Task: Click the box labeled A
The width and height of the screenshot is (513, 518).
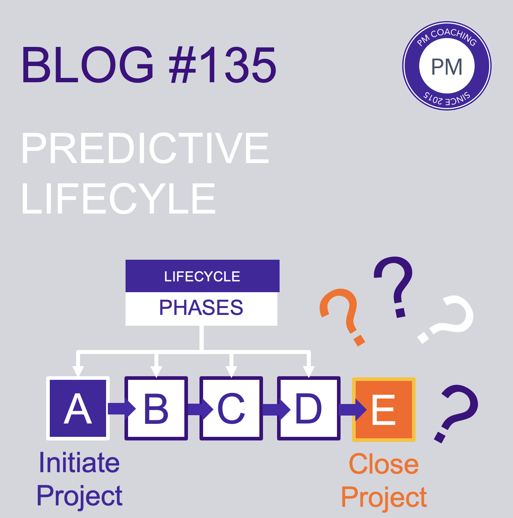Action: tap(78, 408)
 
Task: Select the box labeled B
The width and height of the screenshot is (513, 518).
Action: tap(156, 408)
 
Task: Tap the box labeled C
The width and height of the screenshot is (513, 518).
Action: tap(231, 408)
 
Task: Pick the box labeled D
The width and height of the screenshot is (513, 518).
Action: tap(309, 408)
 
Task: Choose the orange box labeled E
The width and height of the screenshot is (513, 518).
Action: tap(384, 409)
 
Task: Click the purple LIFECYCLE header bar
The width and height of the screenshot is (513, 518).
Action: tap(202, 276)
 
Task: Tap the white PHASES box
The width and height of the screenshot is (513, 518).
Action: tap(201, 308)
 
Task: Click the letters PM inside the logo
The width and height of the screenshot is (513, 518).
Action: tap(447, 67)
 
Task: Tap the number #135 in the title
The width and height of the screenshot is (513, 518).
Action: tap(222, 65)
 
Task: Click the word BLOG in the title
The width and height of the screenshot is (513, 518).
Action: tap(87, 65)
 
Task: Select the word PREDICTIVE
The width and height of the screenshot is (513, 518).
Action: tap(145, 148)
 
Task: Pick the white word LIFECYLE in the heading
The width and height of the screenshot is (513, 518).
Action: tap(119, 198)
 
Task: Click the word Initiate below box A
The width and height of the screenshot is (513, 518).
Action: tap(79, 462)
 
